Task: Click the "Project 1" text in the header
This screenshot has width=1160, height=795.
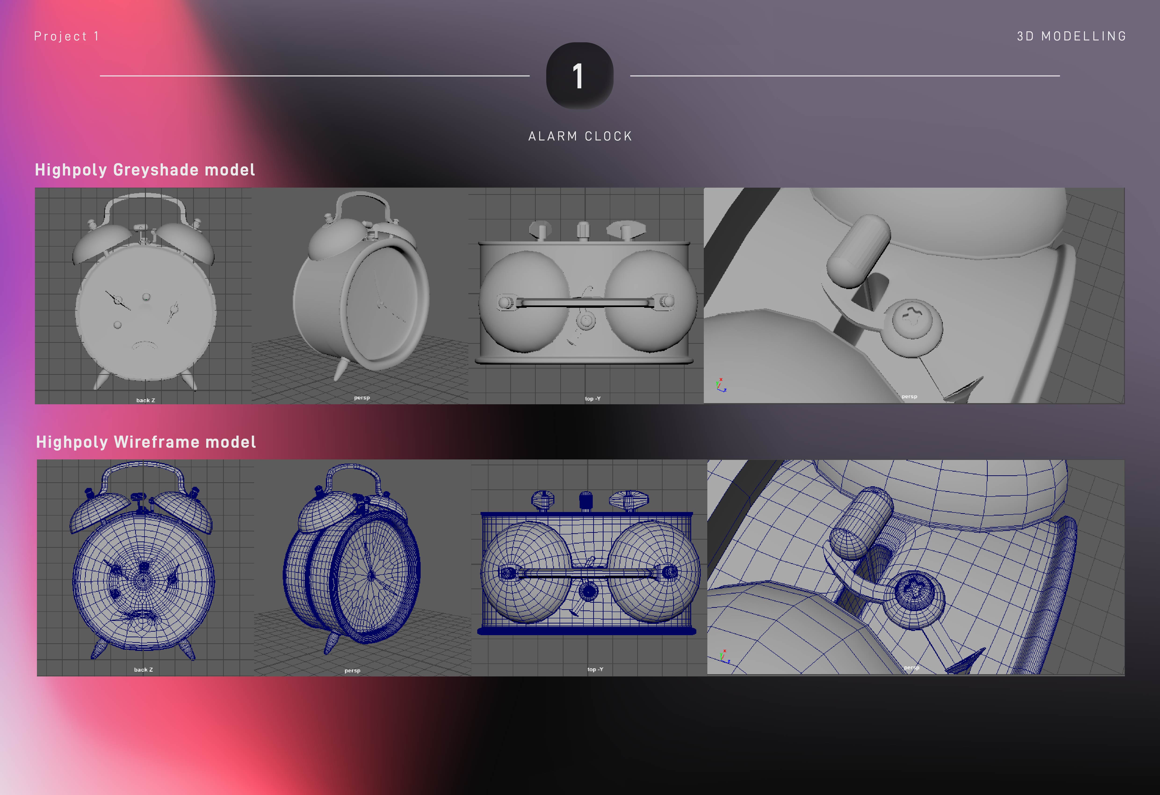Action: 66,36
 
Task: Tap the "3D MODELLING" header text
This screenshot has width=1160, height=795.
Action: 1072,36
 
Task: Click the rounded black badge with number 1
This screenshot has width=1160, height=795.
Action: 579,76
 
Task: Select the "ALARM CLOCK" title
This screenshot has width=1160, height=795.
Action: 580,136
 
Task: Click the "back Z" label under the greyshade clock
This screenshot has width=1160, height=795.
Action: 146,400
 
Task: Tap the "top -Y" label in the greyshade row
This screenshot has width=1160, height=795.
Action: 593,398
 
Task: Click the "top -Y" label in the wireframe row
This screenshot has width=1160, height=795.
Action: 595,669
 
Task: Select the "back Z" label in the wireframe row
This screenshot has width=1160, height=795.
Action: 143,670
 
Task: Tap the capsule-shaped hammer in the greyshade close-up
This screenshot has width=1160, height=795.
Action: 859,250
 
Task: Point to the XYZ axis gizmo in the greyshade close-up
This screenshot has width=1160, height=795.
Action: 721,385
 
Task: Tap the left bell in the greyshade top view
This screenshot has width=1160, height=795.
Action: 524,302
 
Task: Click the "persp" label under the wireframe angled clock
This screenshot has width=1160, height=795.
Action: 352,670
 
